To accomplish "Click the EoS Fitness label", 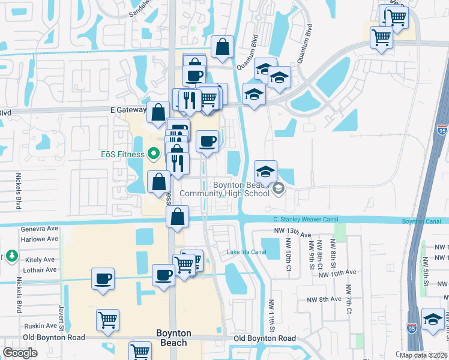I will point(122,154).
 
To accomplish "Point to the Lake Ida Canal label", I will point(246,251).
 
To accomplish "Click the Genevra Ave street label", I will point(39,229).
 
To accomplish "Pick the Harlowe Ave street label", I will point(39,239).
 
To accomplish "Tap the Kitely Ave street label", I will point(40,260).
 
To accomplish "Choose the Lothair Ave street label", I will point(39,270).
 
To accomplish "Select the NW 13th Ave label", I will point(293,234).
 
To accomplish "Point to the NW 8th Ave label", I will point(324,299).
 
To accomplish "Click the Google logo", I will point(20,353).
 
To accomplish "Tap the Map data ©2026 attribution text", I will point(423,355).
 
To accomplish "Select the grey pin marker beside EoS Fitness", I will point(154,154).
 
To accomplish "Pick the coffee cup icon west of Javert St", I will point(103,279).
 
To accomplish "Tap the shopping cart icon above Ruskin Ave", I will point(107,320).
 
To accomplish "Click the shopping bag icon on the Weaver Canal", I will point(178,217).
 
